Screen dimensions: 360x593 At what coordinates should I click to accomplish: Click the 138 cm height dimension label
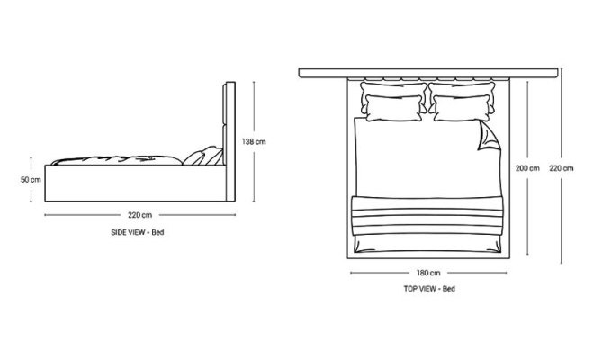(x=256, y=142)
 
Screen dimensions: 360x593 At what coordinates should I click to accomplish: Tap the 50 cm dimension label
(x=31, y=179)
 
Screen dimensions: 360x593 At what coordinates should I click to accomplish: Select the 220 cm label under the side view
(x=139, y=215)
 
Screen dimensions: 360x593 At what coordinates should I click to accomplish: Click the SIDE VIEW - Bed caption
(x=139, y=232)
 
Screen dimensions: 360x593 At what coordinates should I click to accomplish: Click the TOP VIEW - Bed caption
(x=428, y=289)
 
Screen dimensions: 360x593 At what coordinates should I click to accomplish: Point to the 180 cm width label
(x=428, y=273)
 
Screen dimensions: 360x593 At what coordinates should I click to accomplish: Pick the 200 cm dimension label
(x=527, y=168)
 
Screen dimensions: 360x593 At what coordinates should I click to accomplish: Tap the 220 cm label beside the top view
(x=562, y=168)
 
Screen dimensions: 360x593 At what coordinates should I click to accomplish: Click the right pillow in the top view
(x=463, y=106)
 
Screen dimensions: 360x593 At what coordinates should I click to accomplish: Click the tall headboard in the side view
(x=229, y=139)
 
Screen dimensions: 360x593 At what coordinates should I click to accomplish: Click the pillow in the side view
(x=193, y=158)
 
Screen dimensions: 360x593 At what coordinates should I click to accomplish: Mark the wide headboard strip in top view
(x=428, y=72)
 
